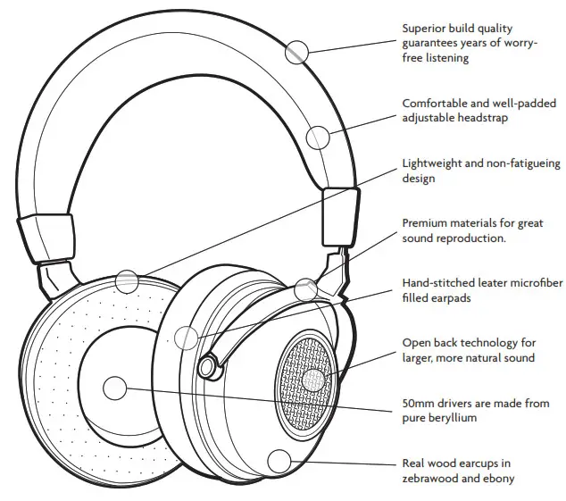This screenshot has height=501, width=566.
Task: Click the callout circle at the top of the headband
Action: tap(297, 52)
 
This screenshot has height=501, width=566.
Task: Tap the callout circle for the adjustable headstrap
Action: tap(318, 137)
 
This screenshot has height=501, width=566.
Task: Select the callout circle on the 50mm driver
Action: tap(115, 388)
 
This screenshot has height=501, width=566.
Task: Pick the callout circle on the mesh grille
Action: tap(313, 380)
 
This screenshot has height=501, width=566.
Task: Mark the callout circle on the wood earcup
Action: tap(280, 462)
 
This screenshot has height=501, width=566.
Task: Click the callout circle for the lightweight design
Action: tap(128, 281)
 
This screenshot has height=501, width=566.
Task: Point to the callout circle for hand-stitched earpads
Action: tap(186, 338)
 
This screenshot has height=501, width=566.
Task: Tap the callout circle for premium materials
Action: tap(306, 288)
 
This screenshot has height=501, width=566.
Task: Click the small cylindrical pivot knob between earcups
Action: tap(209, 365)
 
